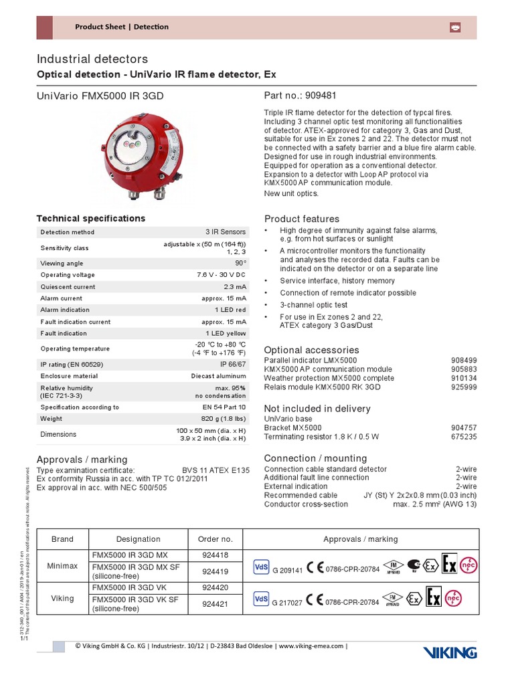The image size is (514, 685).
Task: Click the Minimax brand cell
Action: pyautogui.click(x=62, y=565)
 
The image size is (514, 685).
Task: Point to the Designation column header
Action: pyautogui.click(x=139, y=539)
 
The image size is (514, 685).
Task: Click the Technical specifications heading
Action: pyautogui.click(x=90, y=219)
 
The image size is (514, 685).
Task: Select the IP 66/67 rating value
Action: pyautogui.click(x=232, y=364)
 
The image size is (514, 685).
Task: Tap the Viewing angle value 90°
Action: pyautogui.click(x=239, y=264)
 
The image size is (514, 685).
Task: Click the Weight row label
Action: pyautogui.click(x=52, y=419)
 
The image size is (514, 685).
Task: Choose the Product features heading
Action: pyautogui.click(x=302, y=219)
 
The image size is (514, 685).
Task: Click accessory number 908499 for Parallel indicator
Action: pyautogui.click(x=464, y=360)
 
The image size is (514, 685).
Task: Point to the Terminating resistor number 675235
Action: pyautogui.click(x=464, y=437)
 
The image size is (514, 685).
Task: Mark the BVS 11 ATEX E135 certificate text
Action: pyautogui.click(x=216, y=470)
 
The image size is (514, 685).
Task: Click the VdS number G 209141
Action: pyautogui.click(x=288, y=570)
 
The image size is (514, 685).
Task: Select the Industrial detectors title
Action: pyautogui.click(x=92, y=60)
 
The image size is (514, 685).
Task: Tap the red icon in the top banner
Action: pyautogui.click(x=454, y=27)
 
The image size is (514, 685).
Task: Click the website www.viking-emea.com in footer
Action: pyautogui.click(x=311, y=646)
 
